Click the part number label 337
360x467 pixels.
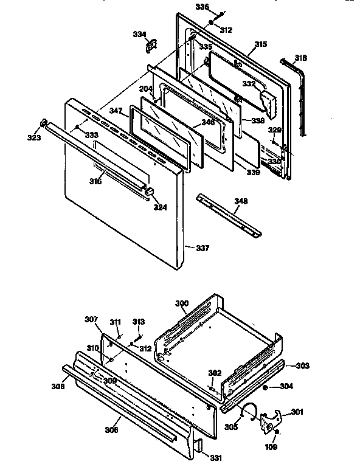click(x=202, y=247)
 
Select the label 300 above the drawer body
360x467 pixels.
click(x=181, y=303)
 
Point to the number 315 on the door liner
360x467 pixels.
click(x=260, y=44)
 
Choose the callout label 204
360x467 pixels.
click(x=145, y=89)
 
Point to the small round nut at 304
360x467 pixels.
click(x=266, y=387)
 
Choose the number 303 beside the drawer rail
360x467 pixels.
click(x=302, y=366)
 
